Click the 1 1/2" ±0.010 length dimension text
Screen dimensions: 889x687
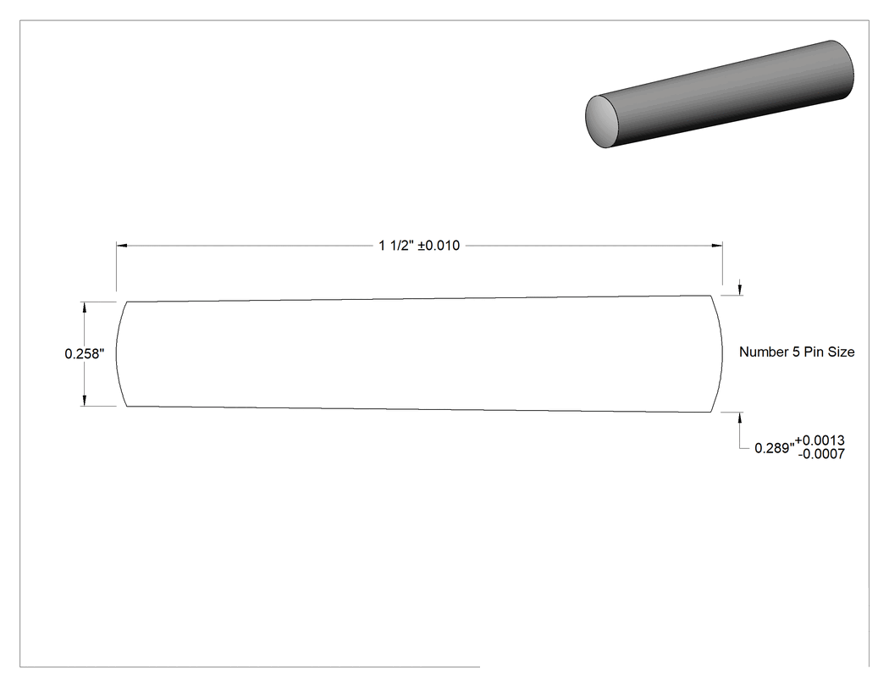pyautogui.click(x=419, y=246)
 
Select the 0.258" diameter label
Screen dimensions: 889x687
pyautogui.click(x=85, y=354)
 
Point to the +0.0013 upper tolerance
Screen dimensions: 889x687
pyautogui.click(x=820, y=440)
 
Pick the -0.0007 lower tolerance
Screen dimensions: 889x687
pyautogui.click(x=821, y=454)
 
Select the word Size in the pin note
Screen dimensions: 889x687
pyautogui.click(x=842, y=352)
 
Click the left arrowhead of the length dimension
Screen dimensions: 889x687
pyautogui.click(x=121, y=246)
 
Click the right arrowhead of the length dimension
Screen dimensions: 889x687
pyautogui.click(x=717, y=246)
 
